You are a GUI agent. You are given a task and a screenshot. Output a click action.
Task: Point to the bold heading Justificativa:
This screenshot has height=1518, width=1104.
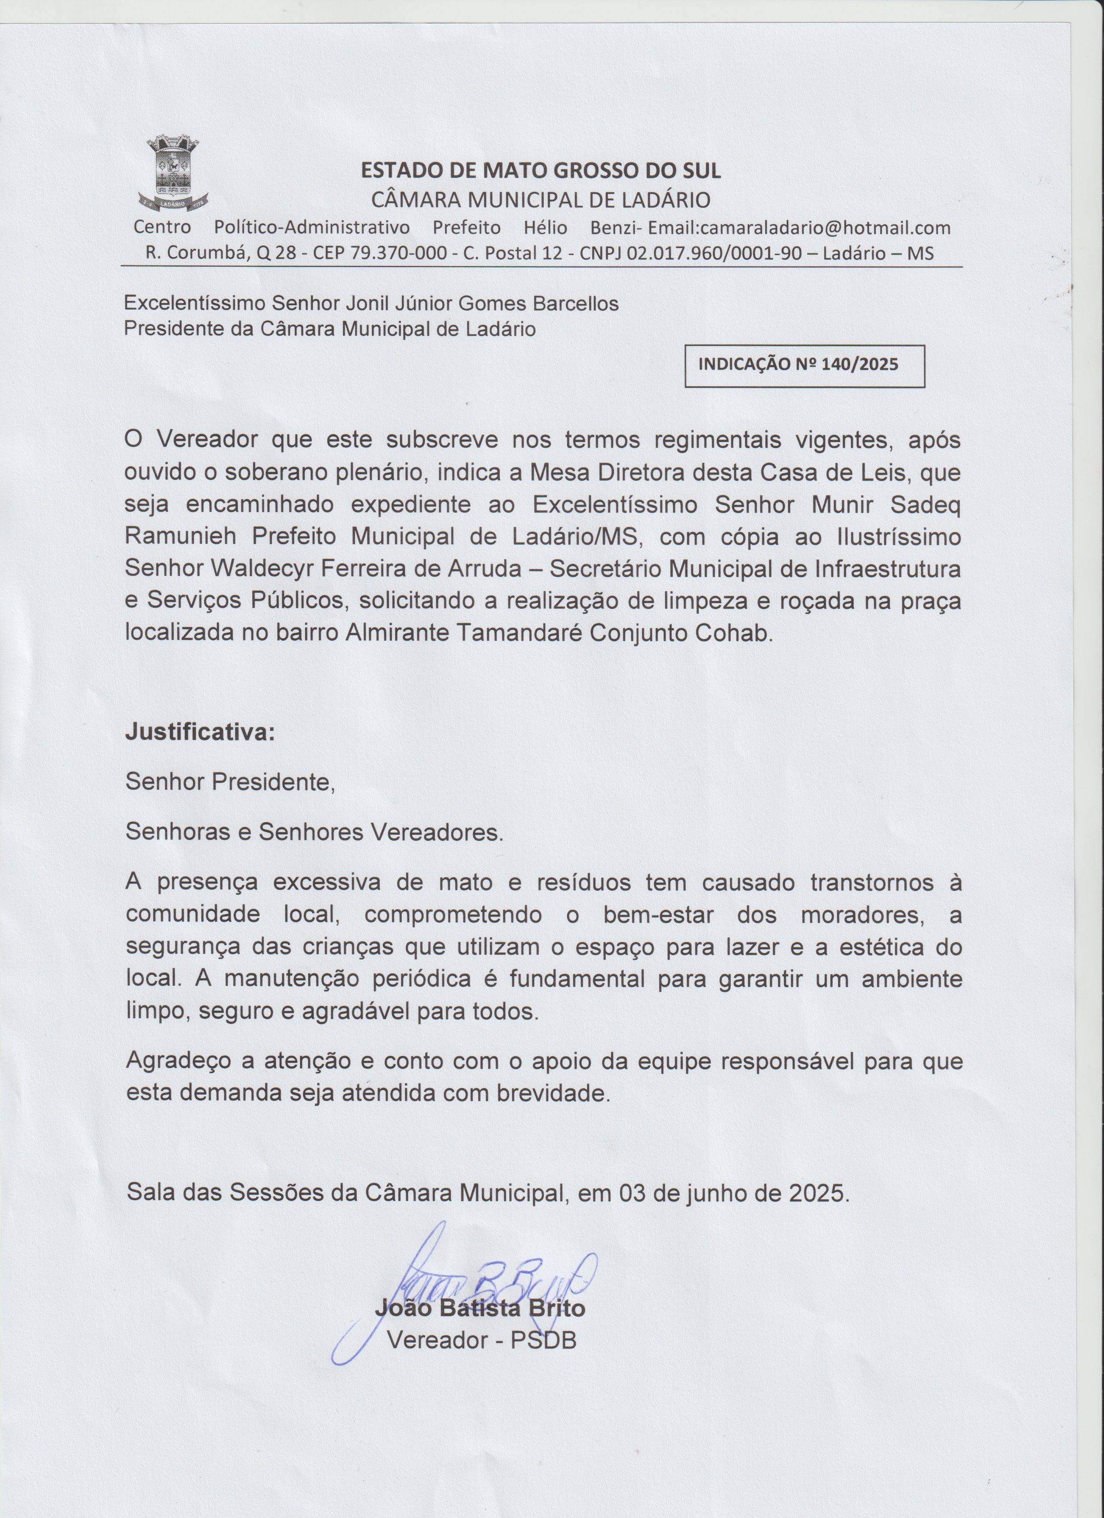(200, 732)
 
